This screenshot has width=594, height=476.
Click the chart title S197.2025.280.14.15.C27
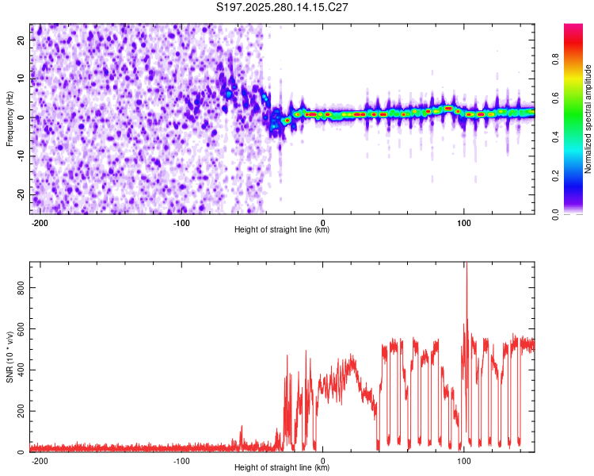point(283,7)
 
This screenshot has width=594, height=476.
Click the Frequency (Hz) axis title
point(10,119)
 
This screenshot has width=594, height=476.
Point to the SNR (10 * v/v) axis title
point(10,357)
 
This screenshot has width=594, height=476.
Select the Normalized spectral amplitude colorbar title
point(588,119)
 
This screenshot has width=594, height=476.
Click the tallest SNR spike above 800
point(466,265)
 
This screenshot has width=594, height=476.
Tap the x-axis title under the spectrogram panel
point(283,231)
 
